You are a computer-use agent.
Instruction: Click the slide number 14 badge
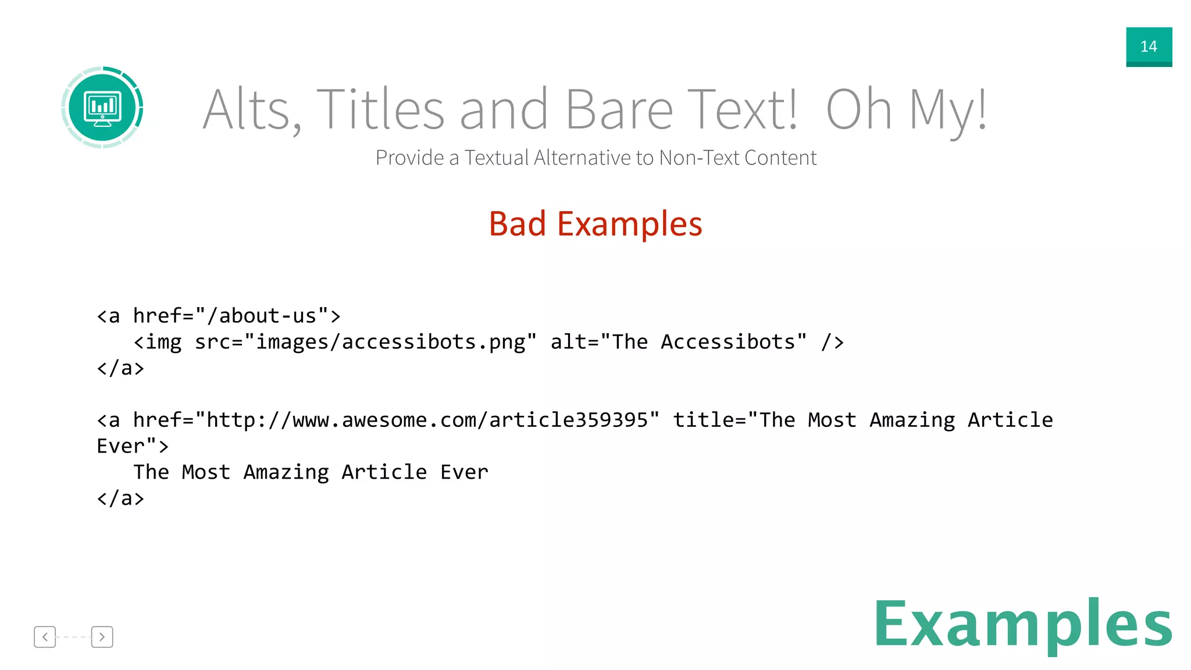(1149, 47)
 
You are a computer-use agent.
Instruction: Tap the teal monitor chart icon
(102, 108)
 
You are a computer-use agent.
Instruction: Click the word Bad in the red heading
(517, 224)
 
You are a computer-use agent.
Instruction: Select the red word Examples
(629, 224)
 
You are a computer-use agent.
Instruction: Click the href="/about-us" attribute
(230, 316)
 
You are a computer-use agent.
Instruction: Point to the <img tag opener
(157, 342)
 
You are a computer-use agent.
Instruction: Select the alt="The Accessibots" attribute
(679, 342)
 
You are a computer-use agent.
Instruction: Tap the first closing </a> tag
(120, 368)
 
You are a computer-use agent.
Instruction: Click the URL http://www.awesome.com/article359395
(427, 420)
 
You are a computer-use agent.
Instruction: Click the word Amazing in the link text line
(286, 472)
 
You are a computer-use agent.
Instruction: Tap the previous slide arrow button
(45, 637)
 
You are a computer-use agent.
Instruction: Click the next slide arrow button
(102, 637)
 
